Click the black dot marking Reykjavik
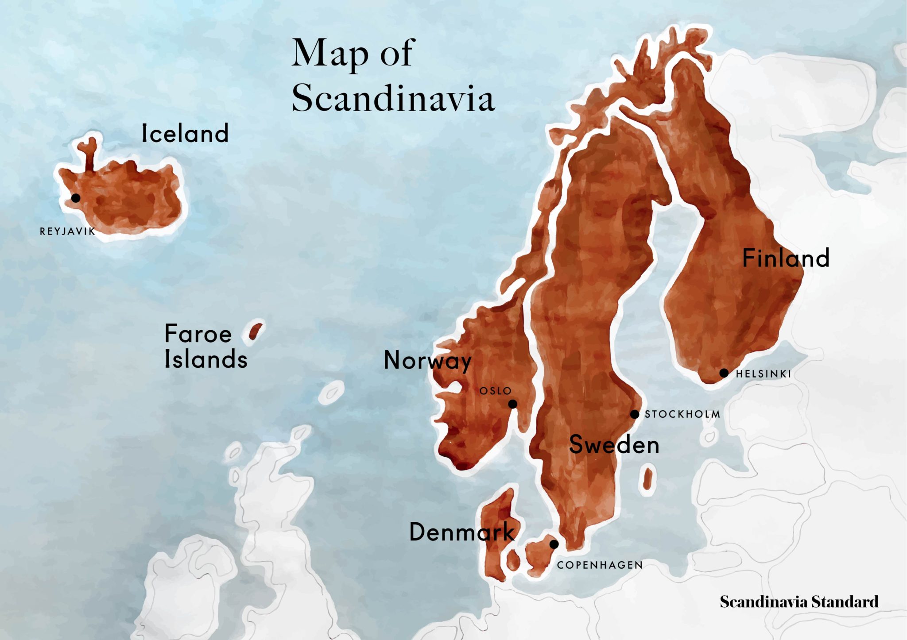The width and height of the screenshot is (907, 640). (76, 198)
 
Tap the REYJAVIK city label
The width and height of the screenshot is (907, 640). (67, 231)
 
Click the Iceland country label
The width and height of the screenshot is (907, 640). (185, 133)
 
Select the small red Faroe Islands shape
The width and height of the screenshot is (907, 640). (255, 331)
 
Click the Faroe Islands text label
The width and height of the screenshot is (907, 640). (205, 346)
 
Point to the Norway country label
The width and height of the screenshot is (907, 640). (427, 360)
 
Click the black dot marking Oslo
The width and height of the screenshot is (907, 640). (512, 404)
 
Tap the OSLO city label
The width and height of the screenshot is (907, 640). (496, 391)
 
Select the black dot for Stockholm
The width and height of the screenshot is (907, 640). (635, 414)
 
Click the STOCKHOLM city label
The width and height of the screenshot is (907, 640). (682, 414)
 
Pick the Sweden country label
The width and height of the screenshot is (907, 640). (614, 444)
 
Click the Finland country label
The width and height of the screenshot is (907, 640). (786, 258)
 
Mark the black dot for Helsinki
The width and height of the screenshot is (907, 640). (724, 373)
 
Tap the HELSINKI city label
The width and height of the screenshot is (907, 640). (763, 374)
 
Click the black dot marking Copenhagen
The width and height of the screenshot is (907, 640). (554, 544)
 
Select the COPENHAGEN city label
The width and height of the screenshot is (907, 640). (600, 565)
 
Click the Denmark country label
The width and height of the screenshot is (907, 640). (461, 532)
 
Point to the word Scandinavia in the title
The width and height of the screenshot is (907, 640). (393, 98)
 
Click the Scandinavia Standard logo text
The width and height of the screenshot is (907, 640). (799, 602)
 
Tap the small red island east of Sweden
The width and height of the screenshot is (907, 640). (647, 478)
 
